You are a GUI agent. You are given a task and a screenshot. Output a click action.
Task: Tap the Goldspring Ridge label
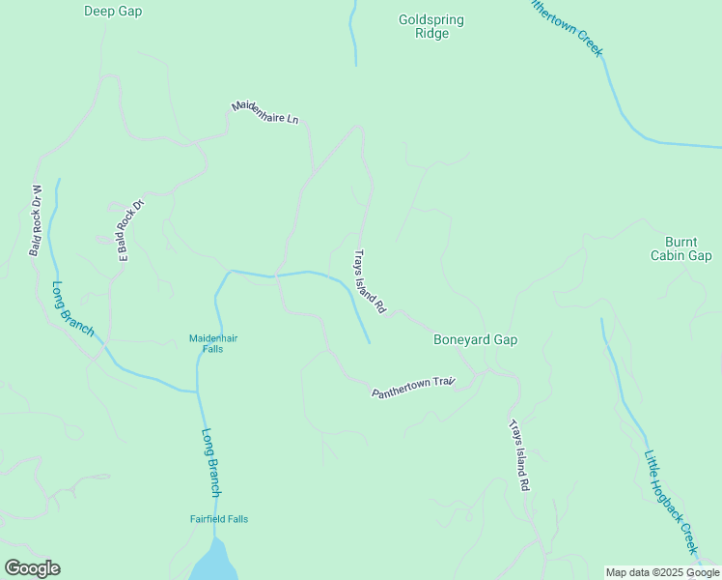tap(431, 26)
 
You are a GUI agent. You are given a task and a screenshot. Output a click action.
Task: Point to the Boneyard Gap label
tap(476, 339)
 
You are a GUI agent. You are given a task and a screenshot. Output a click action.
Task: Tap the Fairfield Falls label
tap(218, 519)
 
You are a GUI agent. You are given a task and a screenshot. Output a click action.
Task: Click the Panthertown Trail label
tap(413, 388)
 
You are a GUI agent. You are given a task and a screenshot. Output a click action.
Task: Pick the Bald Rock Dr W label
tap(37, 220)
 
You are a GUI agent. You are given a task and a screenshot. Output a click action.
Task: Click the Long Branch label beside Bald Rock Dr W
tap(73, 308)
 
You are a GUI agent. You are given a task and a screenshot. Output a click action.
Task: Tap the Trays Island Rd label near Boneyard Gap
tap(369, 282)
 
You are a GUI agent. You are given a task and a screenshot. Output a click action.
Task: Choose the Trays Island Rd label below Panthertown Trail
tap(520, 457)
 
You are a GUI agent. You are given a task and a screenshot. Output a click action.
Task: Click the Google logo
tap(32, 568)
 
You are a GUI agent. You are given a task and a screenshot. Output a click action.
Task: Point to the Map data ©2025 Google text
tap(663, 572)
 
